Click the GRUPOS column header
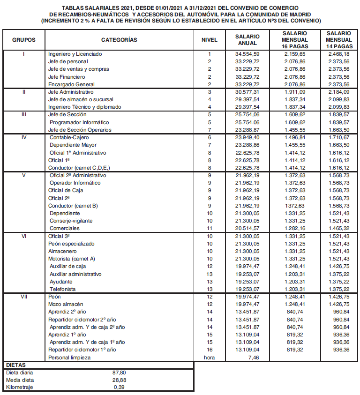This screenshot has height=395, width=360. coord(23,40)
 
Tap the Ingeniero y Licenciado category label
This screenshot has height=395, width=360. coord(75,54)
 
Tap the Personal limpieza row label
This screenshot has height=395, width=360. coord(69,357)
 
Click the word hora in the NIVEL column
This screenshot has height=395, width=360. coord(210,357)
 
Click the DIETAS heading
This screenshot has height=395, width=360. coord(16,364)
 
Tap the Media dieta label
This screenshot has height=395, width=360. coord(20,380)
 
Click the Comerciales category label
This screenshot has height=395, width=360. coord(65,228)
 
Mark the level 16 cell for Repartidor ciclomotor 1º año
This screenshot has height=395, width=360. coord(210,350)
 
